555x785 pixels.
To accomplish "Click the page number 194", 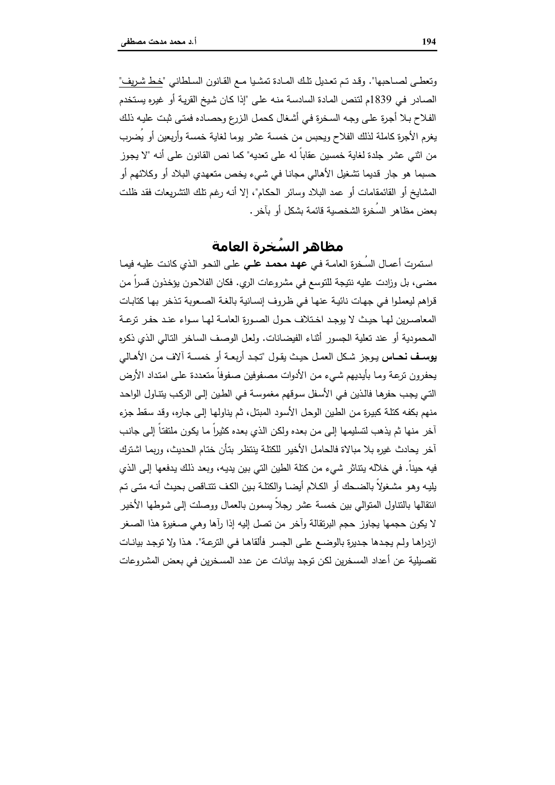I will click(429, 42).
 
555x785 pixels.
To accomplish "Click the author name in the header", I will click(158, 42).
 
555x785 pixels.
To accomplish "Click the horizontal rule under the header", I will click(277, 51).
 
